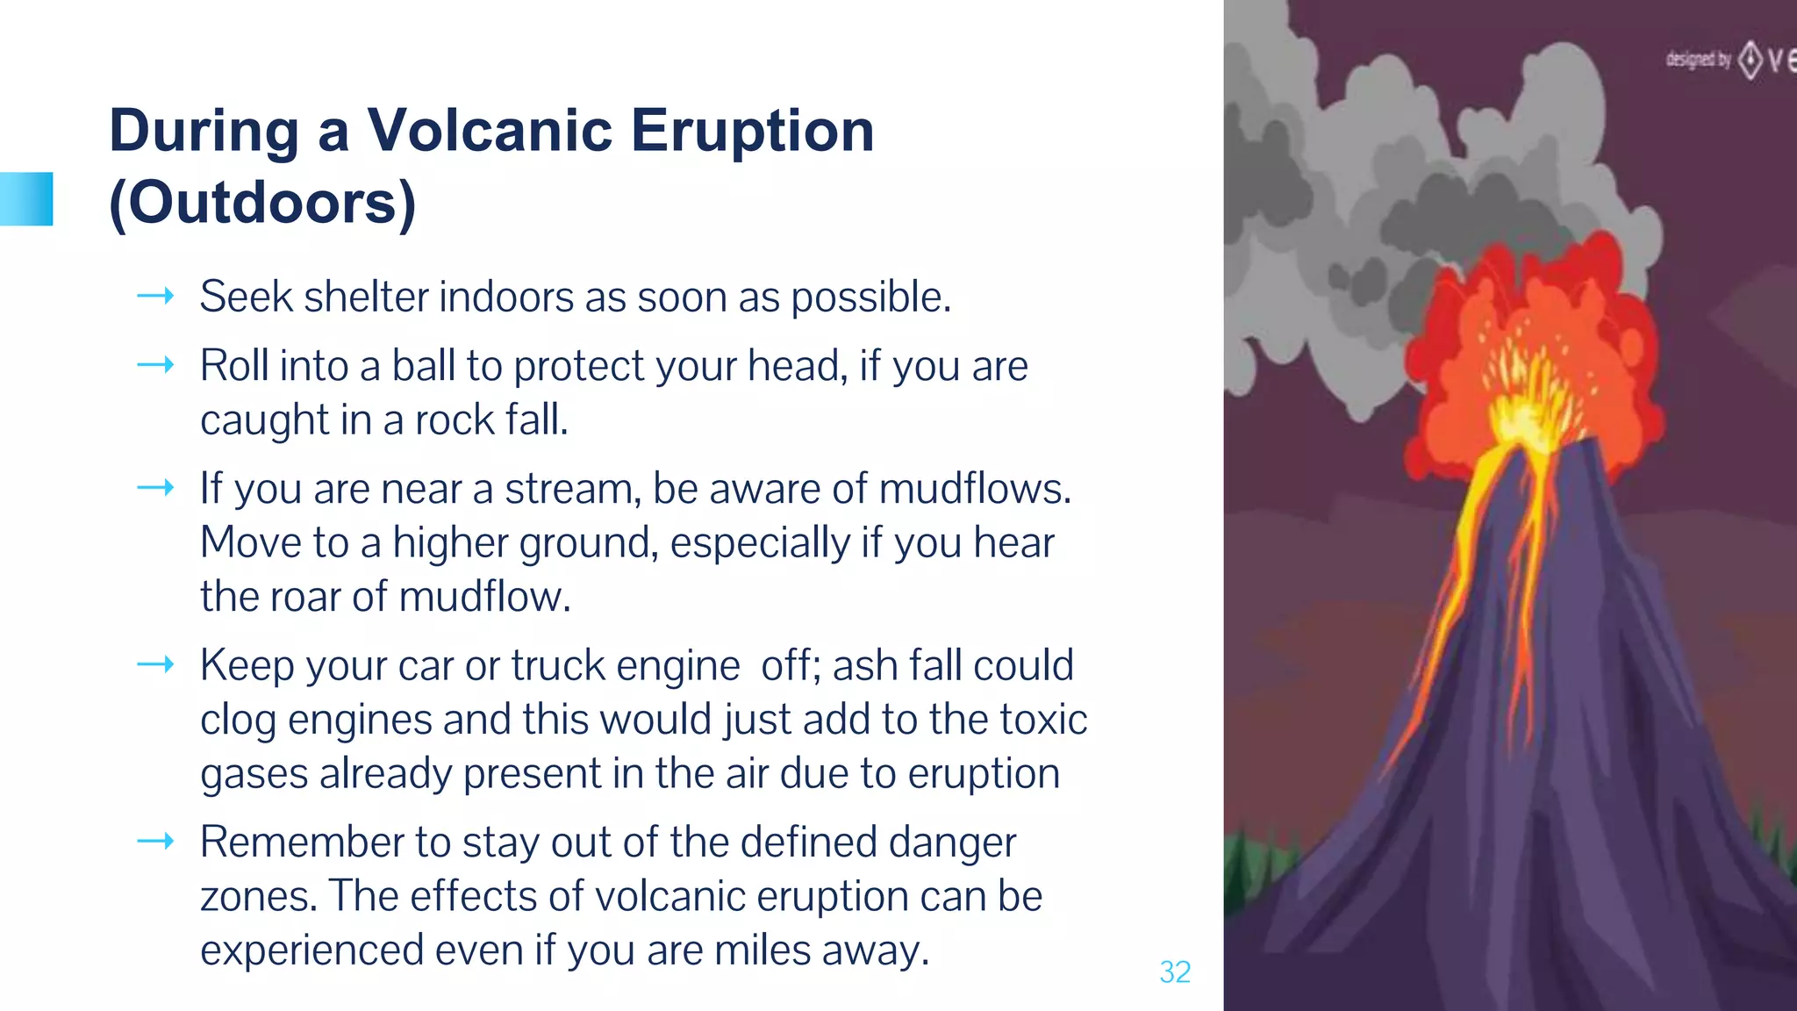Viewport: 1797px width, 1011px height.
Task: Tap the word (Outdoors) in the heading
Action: [x=261, y=202]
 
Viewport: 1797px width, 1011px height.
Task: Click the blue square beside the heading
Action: [x=26, y=199]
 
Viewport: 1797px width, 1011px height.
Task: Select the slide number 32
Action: [x=1175, y=972]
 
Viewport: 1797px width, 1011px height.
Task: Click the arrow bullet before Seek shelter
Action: [x=155, y=297]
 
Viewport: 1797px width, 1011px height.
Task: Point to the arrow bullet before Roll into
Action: [x=155, y=365]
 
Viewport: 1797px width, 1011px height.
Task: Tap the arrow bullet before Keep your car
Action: [x=155, y=665]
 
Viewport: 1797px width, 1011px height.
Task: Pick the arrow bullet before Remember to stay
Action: [x=155, y=842]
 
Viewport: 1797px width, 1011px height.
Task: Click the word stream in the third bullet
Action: [x=573, y=489]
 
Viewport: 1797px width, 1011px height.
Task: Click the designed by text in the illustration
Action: [x=1698, y=60]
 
